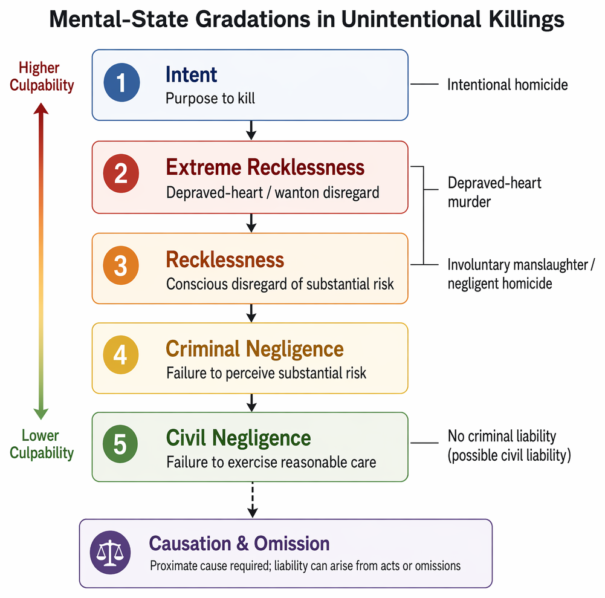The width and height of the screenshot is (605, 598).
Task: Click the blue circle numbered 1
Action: point(121,83)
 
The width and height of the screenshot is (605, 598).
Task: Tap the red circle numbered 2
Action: point(121,174)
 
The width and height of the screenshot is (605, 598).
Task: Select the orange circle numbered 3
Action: point(121,265)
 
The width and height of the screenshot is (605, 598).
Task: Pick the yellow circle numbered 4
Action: point(121,355)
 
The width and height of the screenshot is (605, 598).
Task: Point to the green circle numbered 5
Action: point(120,444)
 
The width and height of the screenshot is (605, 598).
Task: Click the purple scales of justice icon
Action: point(111,553)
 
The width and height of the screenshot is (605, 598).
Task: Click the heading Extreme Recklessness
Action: point(265,167)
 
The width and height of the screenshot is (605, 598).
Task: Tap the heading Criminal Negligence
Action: point(254,349)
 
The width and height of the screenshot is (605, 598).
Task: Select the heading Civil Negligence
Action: point(239,438)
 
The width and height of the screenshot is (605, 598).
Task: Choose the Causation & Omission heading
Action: point(239,544)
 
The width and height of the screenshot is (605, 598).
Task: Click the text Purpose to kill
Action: point(210,99)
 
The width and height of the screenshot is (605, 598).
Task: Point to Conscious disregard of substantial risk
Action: point(280,284)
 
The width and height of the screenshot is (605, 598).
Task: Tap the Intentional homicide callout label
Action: point(507,85)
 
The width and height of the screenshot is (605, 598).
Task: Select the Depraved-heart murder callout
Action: point(494,192)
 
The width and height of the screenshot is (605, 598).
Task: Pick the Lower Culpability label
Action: point(42,444)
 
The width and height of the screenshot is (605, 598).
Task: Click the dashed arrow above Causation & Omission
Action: point(253,499)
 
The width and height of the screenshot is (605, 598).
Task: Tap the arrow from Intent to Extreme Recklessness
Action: point(251,130)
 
